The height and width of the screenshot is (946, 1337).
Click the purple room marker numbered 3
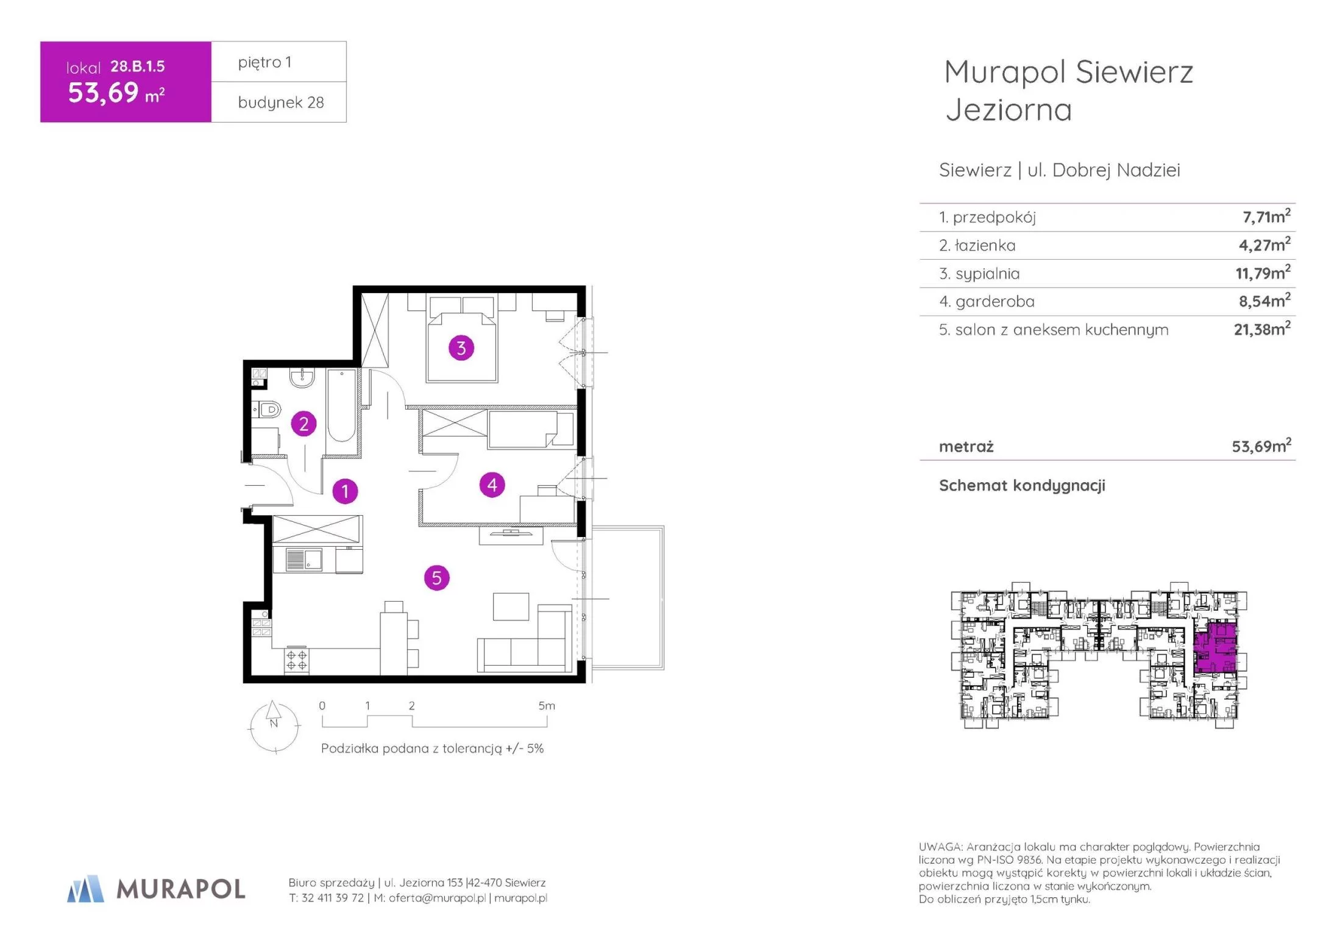461,348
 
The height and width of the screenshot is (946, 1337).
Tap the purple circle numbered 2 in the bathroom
303,424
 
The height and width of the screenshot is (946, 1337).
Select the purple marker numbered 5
436,578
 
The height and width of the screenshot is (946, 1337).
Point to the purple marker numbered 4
492,485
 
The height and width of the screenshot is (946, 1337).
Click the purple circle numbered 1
345,491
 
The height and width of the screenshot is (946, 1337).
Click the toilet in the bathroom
267,409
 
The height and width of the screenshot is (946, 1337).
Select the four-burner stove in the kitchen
296,660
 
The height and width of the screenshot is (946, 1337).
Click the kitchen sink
304,560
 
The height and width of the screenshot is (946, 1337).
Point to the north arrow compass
274,727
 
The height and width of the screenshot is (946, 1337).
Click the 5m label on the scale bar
547,706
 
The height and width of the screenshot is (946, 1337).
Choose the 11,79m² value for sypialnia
1263,272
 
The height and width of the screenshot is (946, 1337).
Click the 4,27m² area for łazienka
1264,244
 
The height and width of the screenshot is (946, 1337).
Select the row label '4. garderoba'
987,301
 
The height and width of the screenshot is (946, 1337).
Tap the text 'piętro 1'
264,62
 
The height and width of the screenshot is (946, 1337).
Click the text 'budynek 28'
281,102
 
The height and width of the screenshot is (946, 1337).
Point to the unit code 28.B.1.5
138,66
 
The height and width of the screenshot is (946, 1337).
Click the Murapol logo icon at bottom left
85,889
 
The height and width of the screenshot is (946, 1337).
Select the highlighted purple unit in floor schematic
1215,647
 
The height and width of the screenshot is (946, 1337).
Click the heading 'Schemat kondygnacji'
1022,485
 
